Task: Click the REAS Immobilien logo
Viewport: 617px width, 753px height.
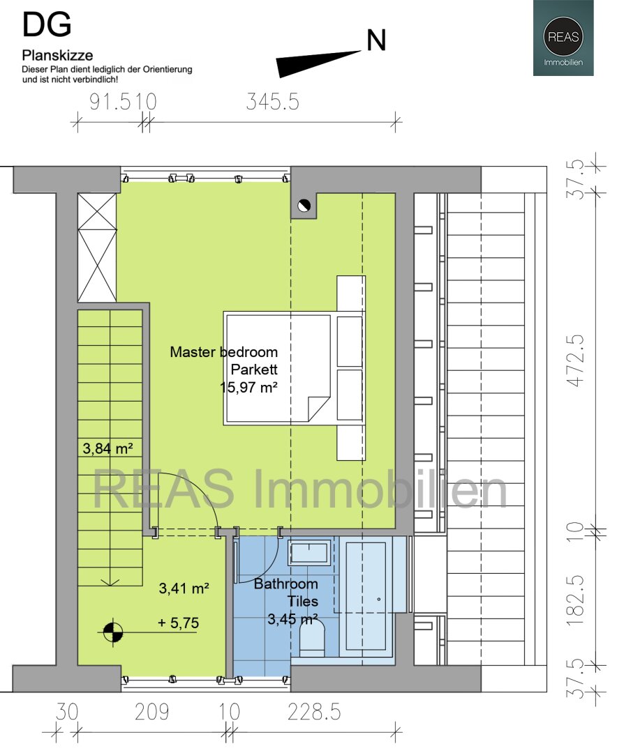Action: click(563, 38)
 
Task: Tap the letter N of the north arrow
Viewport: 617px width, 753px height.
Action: click(376, 40)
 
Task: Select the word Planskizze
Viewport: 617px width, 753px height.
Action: click(57, 55)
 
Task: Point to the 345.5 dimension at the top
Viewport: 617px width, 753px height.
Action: click(273, 102)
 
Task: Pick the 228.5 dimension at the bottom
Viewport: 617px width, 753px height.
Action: click(314, 712)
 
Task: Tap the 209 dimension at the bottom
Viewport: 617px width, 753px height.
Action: click(151, 712)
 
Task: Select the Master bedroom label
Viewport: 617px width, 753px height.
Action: click(223, 352)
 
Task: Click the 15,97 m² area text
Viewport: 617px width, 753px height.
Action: click(248, 387)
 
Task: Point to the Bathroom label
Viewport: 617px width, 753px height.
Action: click(285, 584)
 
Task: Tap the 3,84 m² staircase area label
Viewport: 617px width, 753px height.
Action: click(107, 448)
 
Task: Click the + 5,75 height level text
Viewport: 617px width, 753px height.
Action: click(179, 623)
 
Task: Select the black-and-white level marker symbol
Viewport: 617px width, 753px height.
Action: click(112, 632)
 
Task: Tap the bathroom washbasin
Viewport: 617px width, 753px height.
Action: click(309, 553)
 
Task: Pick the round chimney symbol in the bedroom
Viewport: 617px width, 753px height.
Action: click(304, 206)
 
